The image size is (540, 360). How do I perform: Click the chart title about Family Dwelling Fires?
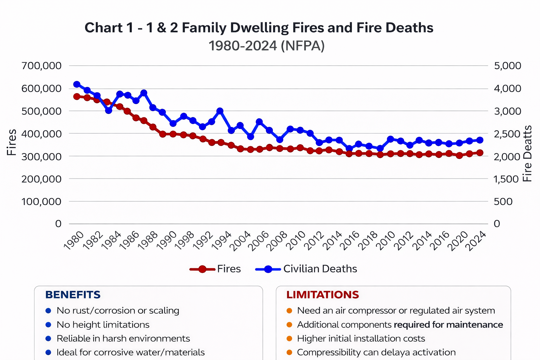[259, 28]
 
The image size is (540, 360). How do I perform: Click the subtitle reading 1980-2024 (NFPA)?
[266, 46]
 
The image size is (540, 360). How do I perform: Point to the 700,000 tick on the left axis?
[41, 66]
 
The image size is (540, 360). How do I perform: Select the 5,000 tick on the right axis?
[508, 66]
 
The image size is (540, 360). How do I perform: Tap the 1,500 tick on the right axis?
[506, 179]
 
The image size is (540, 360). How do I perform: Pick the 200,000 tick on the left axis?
[41, 179]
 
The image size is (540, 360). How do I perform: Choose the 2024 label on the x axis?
[476, 241]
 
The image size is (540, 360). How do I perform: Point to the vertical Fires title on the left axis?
[12, 142]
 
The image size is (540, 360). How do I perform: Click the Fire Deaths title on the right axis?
[527, 154]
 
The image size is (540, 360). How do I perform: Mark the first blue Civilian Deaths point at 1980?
[77, 84]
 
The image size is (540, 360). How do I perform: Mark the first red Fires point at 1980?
[77, 96]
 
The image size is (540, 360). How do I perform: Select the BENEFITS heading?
[73, 295]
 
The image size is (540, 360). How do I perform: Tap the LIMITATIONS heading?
[322, 295]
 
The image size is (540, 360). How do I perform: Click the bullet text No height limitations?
[103, 324]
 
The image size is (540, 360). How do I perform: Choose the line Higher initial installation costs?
[361, 339]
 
